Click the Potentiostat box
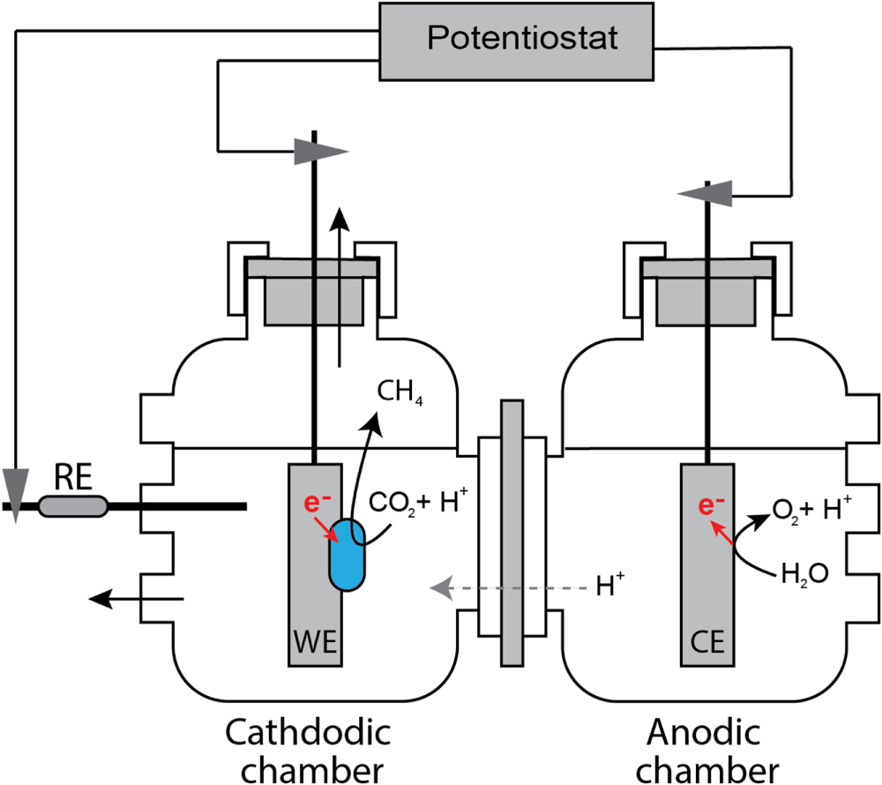pos(519,38)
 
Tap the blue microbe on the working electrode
pos(349,553)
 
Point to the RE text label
pos(71,476)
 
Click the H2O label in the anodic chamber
pos(803,574)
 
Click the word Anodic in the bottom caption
pos(702,732)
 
